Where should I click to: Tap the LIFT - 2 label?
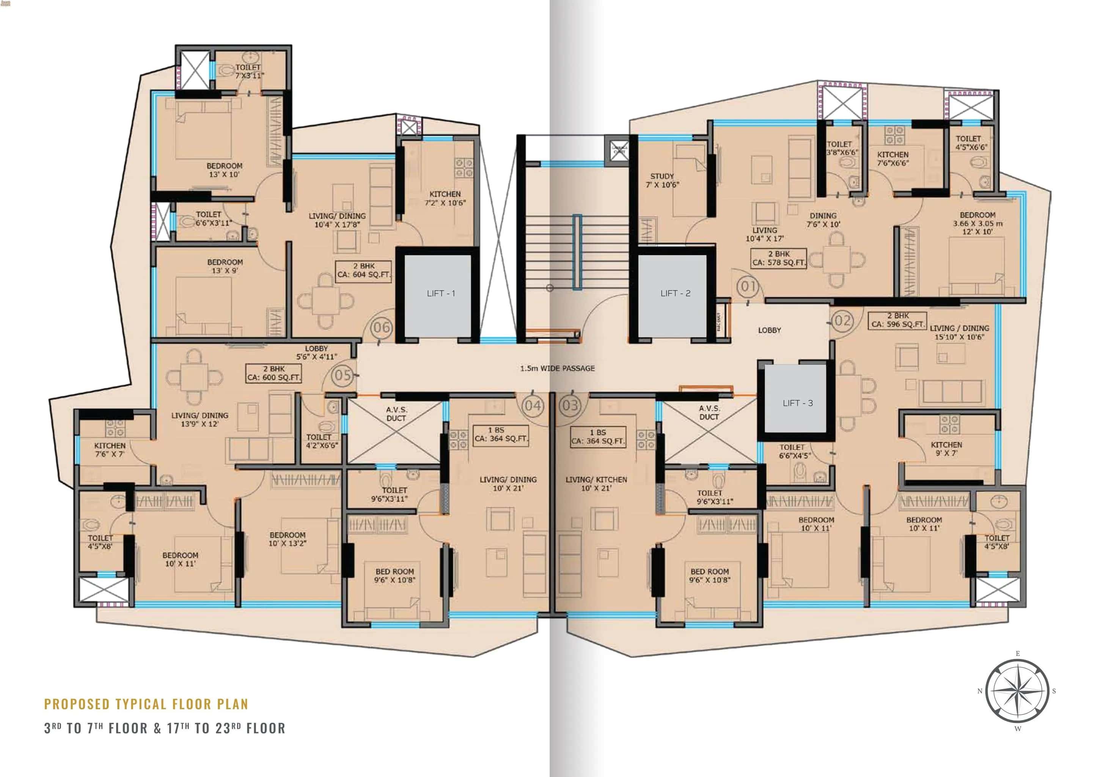click(675, 293)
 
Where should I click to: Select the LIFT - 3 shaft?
click(797, 403)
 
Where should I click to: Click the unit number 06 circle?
click(382, 328)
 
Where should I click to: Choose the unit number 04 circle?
click(532, 406)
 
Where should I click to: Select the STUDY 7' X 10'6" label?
click(662, 180)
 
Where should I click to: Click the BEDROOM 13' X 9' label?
click(225, 266)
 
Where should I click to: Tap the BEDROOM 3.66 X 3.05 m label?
click(977, 223)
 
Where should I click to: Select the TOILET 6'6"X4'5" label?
click(795, 451)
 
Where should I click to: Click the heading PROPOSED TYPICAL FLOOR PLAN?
click(146, 704)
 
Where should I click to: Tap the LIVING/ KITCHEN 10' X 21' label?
click(596, 484)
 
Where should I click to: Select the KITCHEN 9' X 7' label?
click(946, 449)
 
